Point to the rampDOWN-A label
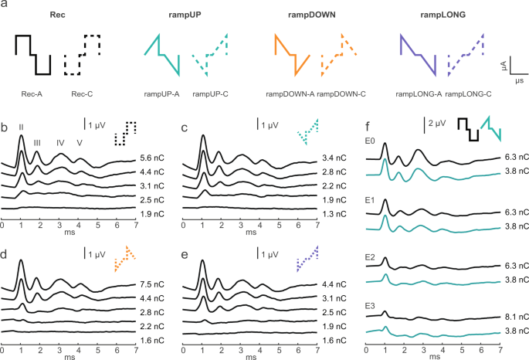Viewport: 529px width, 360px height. pyautogui.click(x=288, y=93)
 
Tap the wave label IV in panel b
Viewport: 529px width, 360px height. pyautogui.click(x=60, y=141)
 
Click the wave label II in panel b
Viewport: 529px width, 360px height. pyautogui.click(x=22, y=127)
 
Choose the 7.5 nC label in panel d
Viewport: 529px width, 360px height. pyautogui.click(x=151, y=283)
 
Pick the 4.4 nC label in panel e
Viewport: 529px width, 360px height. pyautogui.click(x=332, y=283)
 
